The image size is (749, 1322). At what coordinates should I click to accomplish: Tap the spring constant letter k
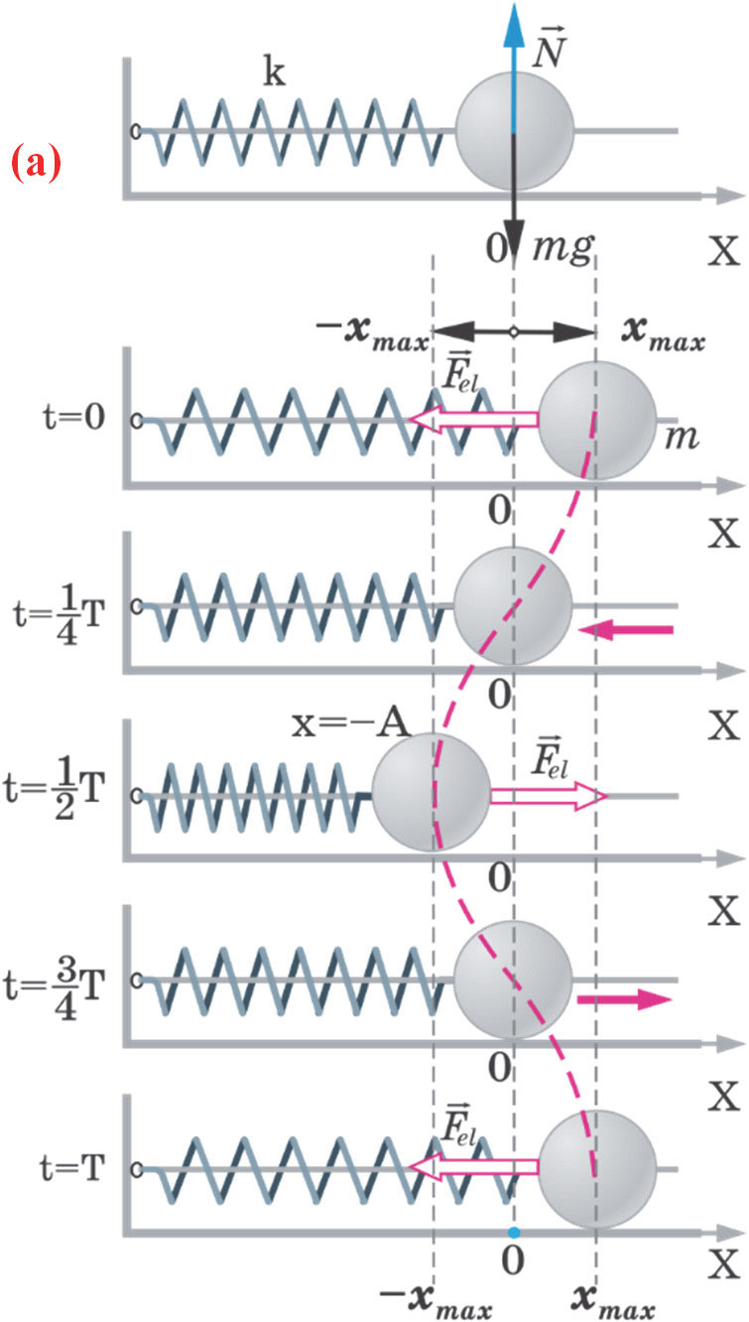(274, 76)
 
